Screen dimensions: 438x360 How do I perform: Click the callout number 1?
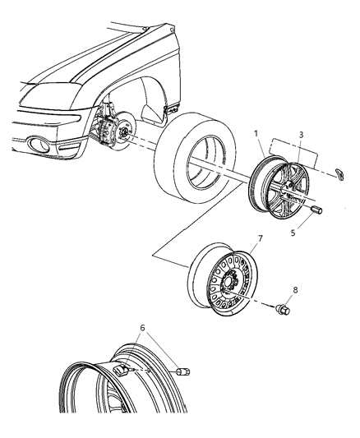(256, 132)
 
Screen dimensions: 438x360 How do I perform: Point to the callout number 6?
(145, 329)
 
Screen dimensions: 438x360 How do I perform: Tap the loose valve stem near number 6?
(183, 375)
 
